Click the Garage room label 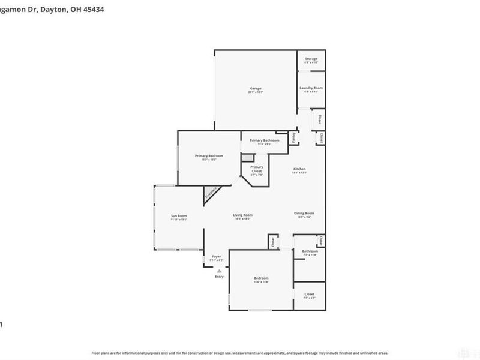click(256, 89)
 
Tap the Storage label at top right click(311, 59)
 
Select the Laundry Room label click(311, 88)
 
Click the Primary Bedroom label click(205, 156)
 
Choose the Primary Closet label click(257, 169)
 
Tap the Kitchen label click(299, 170)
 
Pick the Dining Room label click(304, 213)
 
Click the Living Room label click(242, 215)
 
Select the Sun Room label click(179, 216)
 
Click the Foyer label click(217, 257)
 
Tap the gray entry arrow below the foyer click(219, 271)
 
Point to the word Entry click(219, 277)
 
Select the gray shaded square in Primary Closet click(246, 157)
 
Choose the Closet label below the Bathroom click(309, 294)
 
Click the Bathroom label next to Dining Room click(310, 251)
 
